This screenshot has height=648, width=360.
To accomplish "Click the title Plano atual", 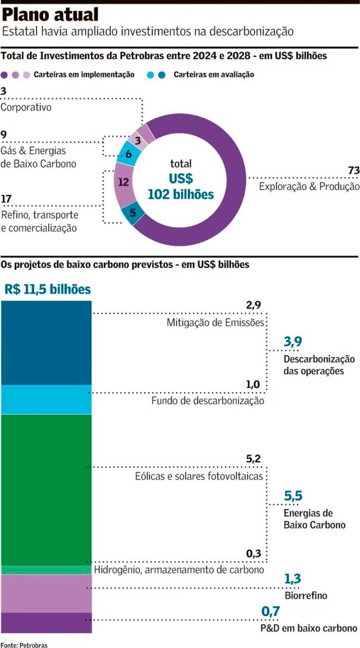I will [51, 15].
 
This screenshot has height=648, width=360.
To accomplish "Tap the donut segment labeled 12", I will [124, 182].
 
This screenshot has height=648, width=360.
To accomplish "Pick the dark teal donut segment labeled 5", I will [133, 213].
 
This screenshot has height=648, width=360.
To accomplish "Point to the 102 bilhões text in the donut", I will [181, 194].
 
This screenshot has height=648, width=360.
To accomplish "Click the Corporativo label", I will [26, 107].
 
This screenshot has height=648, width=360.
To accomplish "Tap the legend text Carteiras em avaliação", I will [214, 75].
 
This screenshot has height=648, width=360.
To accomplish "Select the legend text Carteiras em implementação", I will [84, 75].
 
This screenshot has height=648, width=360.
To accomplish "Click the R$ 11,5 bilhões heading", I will [48, 289].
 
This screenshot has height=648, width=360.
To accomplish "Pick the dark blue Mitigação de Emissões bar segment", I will [46, 342].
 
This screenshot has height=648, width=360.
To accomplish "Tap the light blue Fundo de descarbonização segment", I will [46, 399].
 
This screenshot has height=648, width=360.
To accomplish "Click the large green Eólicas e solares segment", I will [46, 489].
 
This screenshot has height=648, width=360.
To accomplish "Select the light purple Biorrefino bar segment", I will [46, 593].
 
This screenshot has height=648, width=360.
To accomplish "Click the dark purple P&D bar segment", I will [46, 622].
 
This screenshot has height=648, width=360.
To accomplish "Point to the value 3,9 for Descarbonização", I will [293, 342].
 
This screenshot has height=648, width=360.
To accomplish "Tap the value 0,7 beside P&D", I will [271, 611].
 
